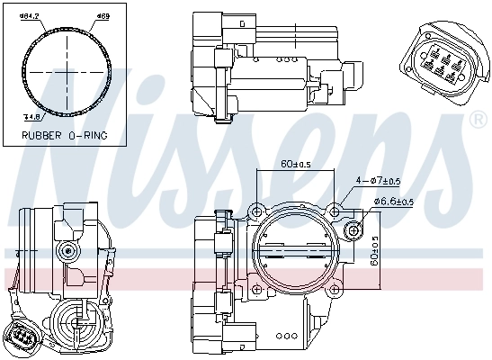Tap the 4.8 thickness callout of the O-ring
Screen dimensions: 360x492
click(x=31, y=116)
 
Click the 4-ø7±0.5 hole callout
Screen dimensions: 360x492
click(x=382, y=182)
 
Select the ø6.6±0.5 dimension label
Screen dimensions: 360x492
click(x=394, y=202)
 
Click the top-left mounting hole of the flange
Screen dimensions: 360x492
click(x=258, y=211)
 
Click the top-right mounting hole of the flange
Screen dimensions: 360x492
click(x=335, y=211)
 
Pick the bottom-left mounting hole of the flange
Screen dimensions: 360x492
click(x=258, y=288)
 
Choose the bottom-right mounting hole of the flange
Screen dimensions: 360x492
click(x=335, y=288)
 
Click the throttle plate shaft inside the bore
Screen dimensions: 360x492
click(x=296, y=251)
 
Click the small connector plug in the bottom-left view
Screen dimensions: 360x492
click(x=23, y=337)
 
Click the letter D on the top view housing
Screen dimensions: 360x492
click(x=239, y=22)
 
